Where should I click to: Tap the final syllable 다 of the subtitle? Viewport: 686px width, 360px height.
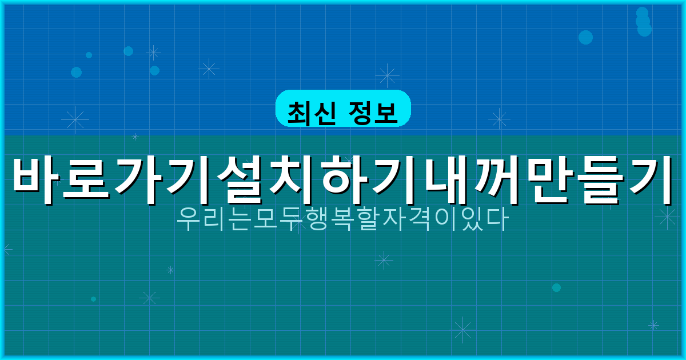coord(497,219)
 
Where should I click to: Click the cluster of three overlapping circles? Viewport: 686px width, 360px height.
coord(643,22)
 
